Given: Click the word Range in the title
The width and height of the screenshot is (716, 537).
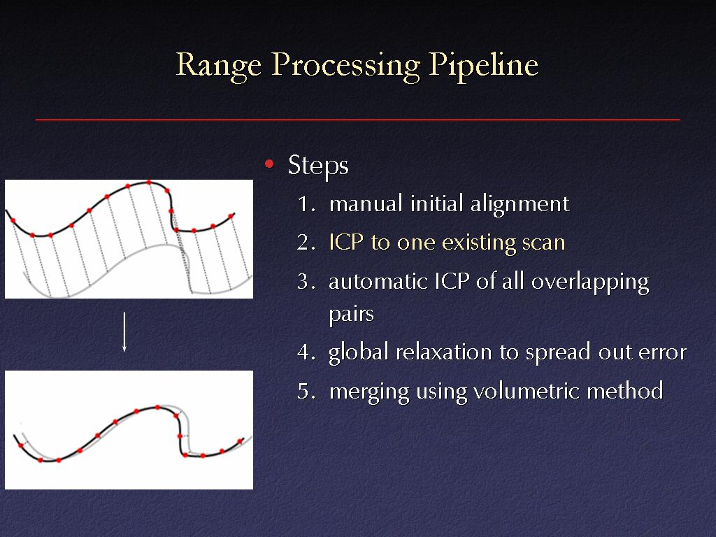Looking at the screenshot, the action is [x=219, y=66].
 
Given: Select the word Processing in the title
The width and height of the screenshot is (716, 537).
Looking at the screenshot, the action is [x=345, y=66].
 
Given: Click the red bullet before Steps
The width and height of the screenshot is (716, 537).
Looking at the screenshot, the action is [x=269, y=164].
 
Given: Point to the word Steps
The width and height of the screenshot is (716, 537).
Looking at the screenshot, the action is [x=318, y=166].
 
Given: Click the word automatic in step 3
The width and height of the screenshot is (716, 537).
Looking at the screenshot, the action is [x=378, y=282].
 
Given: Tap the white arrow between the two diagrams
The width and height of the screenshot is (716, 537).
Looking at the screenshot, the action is [x=124, y=332].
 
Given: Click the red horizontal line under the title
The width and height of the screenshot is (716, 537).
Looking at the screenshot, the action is [x=357, y=120].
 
